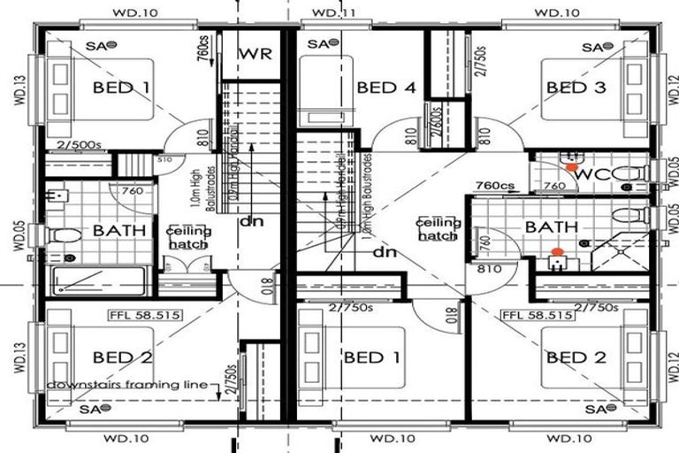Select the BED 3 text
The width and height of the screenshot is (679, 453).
pyautogui.click(x=580, y=87)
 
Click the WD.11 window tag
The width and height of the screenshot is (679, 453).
pyautogui.click(x=334, y=13)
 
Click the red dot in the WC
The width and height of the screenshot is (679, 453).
pyautogui.click(x=572, y=166)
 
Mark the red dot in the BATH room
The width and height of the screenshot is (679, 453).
pyautogui.click(x=556, y=253)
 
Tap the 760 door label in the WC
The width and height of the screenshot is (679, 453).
pyautogui.click(x=553, y=186)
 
